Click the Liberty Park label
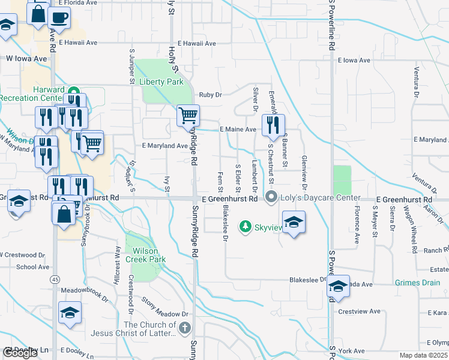(161, 82)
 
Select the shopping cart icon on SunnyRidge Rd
(188, 115)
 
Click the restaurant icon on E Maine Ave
(273, 124)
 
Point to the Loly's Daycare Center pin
(271, 197)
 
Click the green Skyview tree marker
(245, 227)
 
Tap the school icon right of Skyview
(294, 222)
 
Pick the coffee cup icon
(59, 17)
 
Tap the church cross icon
(185, 329)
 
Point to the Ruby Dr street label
(211, 95)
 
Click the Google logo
(20, 353)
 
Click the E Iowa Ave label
(354, 61)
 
